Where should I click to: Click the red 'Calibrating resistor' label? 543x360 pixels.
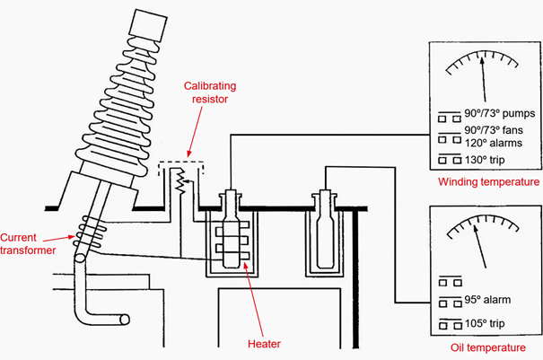click(x=210, y=92)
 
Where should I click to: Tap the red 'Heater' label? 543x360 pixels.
click(x=264, y=344)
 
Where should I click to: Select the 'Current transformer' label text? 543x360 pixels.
click(x=28, y=243)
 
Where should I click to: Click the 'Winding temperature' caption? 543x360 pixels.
click(x=488, y=181)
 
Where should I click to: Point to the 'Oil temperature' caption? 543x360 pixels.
click(x=488, y=347)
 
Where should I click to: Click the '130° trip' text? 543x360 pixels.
click(x=485, y=160)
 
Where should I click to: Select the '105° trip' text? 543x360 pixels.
click(x=485, y=323)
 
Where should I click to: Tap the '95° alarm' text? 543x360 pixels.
click(x=487, y=300)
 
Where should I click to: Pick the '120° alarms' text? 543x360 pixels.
click(x=494, y=143)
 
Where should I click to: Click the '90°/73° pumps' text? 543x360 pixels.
click(x=500, y=114)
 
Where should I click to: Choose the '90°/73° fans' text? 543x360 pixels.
click(x=494, y=130)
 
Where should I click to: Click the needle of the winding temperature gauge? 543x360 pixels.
click(x=483, y=79)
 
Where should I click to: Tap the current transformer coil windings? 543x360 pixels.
click(x=90, y=231)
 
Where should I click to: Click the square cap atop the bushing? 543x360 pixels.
click(x=148, y=25)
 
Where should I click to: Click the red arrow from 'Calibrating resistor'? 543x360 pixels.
click(x=195, y=132)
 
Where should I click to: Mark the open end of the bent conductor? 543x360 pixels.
click(x=125, y=319)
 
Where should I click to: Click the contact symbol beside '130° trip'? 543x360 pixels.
click(x=450, y=159)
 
